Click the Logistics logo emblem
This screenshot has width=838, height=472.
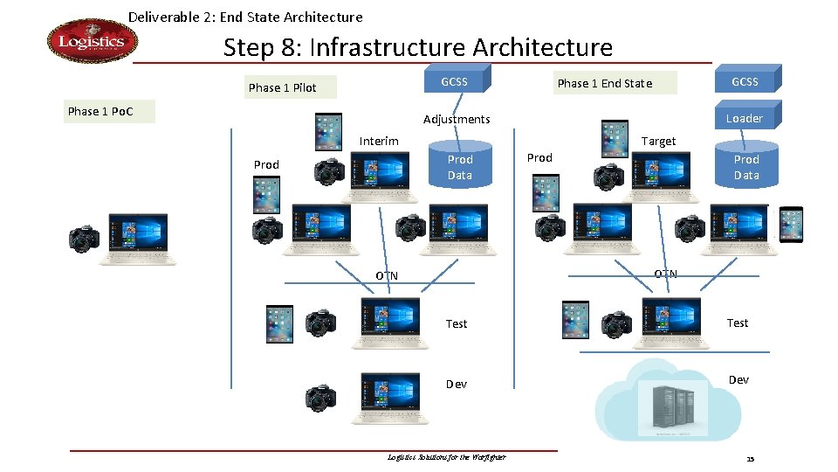92,42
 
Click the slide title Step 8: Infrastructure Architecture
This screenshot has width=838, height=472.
417,46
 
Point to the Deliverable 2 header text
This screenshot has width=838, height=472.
245,17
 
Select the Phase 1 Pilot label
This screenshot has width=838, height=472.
282,87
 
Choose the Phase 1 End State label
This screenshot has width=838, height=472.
604,83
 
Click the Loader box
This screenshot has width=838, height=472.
745,118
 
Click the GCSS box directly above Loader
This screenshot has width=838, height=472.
745,82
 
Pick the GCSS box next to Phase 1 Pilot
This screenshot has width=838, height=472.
455,82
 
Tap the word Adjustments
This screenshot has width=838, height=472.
457,119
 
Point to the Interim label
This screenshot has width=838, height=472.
379,141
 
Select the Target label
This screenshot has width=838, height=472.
658,141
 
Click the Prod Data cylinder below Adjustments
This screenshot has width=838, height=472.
460,167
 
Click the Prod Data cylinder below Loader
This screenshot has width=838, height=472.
746,167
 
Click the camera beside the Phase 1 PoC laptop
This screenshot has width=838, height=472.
85,239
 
